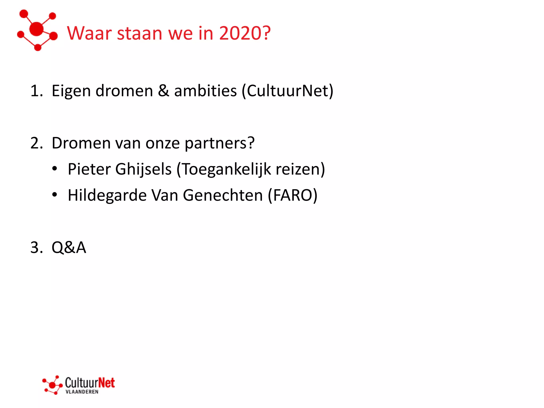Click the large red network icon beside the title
click(x=37, y=30)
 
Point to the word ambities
click(x=205, y=91)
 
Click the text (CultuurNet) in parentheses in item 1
click(x=287, y=91)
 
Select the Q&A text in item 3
click(x=69, y=248)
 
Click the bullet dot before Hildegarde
click(x=54, y=195)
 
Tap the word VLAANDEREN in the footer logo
click(x=82, y=392)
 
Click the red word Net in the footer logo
click(x=106, y=383)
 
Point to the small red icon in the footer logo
click(x=53, y=385)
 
